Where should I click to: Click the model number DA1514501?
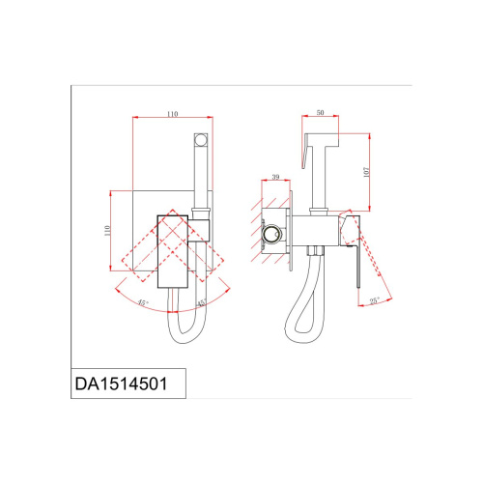(x=121, y=384)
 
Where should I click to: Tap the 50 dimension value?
(x=320, y=112)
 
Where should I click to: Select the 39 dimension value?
(x=275, y=177)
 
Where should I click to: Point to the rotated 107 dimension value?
(x=366, y=172)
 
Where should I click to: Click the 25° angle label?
(x=375, y=300)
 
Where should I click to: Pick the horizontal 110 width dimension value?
(x=172, y=114)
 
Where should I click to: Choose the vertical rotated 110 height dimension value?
(x=107, y=231)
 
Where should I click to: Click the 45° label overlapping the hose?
(x=201, y=302)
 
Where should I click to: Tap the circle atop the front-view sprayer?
(x=200, y=140)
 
